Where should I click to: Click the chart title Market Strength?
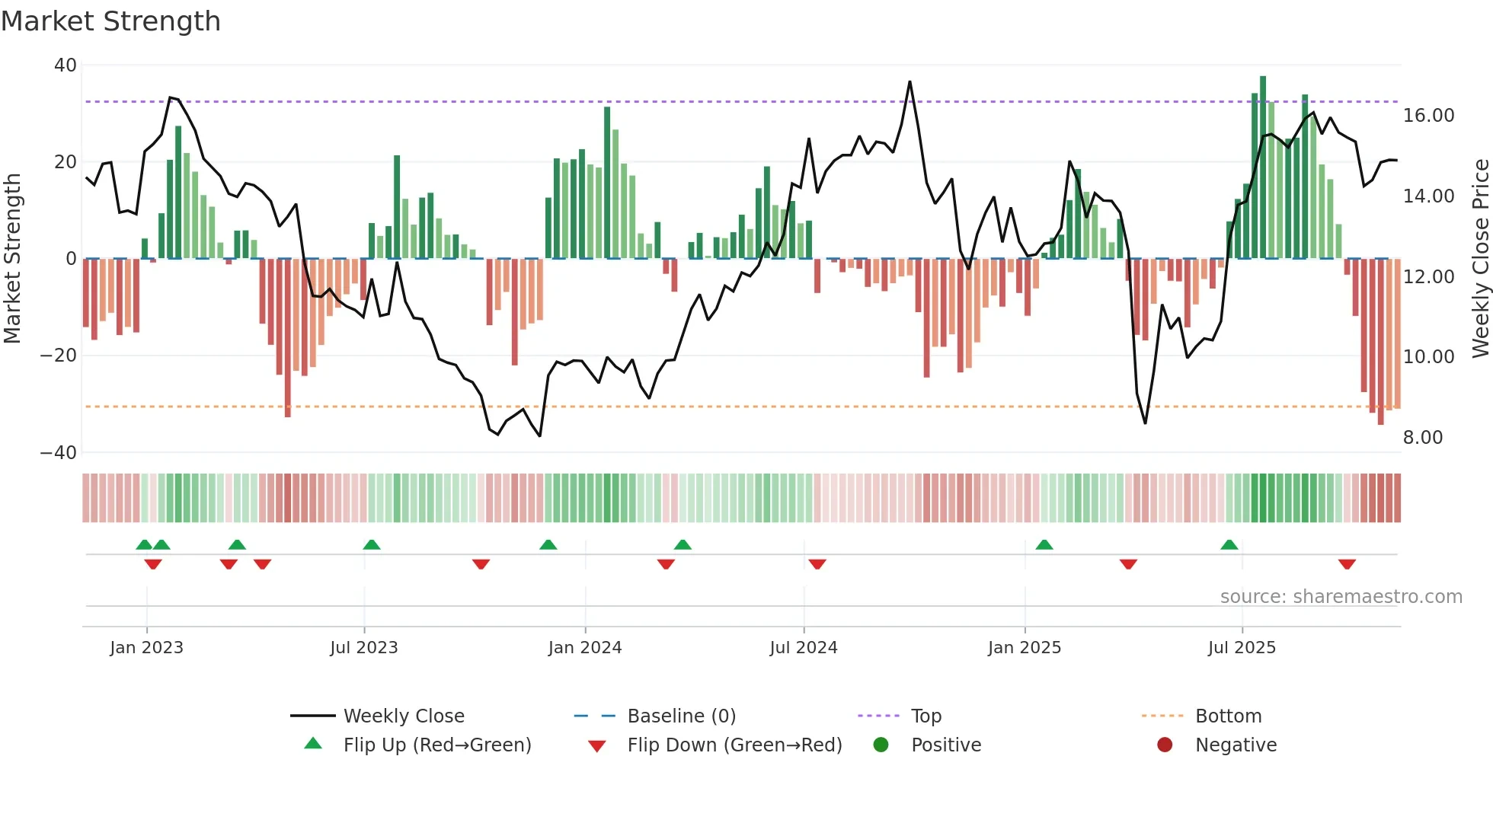[x=110, y=21]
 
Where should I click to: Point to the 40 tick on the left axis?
[x=66, y=65]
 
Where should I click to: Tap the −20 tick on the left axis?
[x=59, y=356]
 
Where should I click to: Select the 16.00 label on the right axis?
[x=1428, y=116]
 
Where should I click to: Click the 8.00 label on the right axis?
[x=1423, y=438]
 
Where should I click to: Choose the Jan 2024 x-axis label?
[x=584, y=648]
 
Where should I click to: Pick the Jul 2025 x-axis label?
[x=1241, y=648]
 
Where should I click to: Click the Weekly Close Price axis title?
[x=1480, y=259]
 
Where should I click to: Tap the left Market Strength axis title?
[x=13, y=259]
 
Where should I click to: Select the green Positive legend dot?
[x=881, y=745]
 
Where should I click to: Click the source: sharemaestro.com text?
[x=1341, y=597]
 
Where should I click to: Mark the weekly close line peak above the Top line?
[x=910, y=82]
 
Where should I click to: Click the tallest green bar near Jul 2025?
[x=1263, y=167]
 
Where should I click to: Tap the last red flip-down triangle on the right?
[x=1347, y=564]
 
